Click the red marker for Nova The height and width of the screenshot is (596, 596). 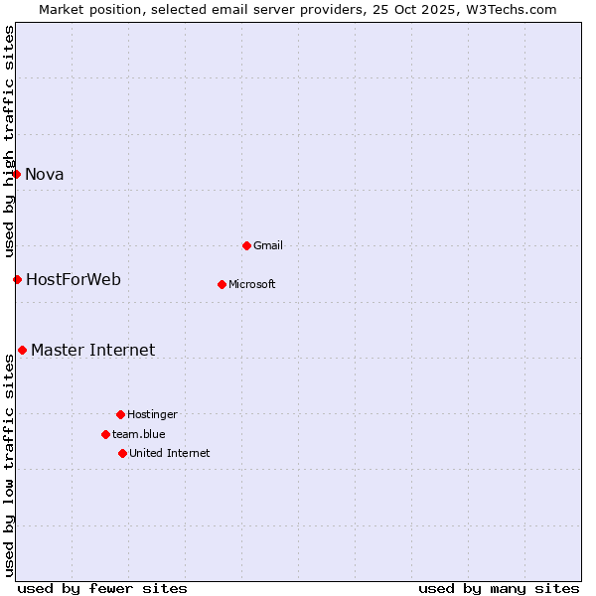(x=16, y=174)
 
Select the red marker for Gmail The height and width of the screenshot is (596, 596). (x=246, y=245)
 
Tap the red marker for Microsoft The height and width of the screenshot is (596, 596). (x=222, y=284)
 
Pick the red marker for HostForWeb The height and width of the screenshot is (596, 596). (x=17, y=279)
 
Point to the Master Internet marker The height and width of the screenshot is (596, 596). (x=22, y=350)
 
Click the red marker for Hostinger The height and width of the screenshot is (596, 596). (x=120, y=414)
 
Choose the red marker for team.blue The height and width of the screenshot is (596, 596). (x=105, y=434)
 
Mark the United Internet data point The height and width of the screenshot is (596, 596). (x=122, y=453)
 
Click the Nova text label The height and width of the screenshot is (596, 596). (x=45, y=175)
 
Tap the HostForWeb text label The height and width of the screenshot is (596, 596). (x=74, y=280)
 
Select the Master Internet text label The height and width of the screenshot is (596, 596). (x=93, y=351)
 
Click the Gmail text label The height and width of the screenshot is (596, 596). (x=268, y=246)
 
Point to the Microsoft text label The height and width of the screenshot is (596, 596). (x=252, y=285)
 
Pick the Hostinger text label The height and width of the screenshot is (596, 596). (x=152, y=415)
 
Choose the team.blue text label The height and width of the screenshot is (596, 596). (x=139, y=435)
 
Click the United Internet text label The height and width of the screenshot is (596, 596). (x=170, y=454)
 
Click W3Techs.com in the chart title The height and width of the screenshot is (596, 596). (x=512, y=10)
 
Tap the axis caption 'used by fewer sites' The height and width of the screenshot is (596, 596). (x=102, y=588)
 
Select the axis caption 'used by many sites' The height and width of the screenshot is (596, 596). (x=499, y=588)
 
